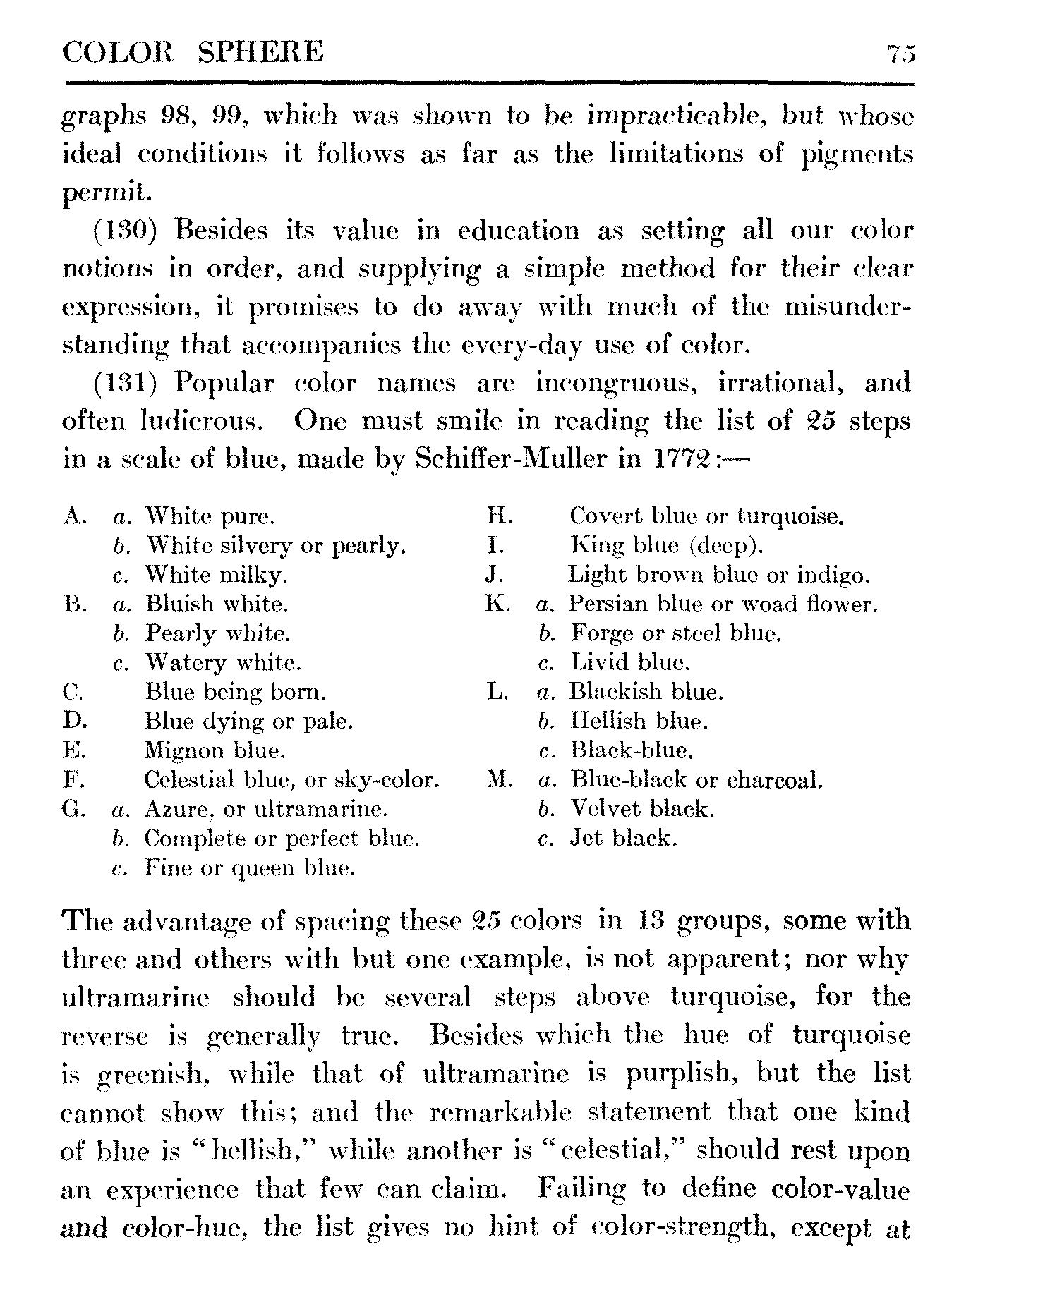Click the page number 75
tap(901, 54)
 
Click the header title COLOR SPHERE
tap(193, 53)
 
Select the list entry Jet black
tap(623, 838)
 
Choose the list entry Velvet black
tap(642, 808)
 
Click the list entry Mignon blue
tap(215, 750)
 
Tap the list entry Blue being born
tap(236, 692)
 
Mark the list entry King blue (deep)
tap(666, 545)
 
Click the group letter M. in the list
tap(499, 780)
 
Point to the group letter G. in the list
tap(74, 809)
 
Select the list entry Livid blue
tap(629, 662)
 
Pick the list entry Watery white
tap(223, 663)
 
